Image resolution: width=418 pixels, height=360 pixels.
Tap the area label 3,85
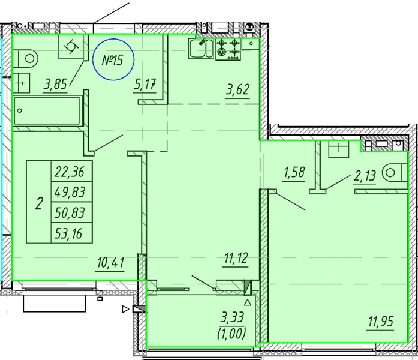click(55, 85)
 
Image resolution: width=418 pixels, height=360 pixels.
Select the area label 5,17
click(145, 85)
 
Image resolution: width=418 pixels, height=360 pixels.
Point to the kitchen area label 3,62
click(237, 89)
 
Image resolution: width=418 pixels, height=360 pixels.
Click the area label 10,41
click(110, 263)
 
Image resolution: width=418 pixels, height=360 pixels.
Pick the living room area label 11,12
click(236, 258)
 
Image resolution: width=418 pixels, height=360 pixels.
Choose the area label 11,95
click(381, 322)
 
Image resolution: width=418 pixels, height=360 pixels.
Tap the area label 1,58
click(294, 173)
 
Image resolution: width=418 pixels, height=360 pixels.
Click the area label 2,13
click(365, 176)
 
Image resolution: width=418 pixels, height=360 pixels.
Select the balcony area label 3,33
click(232, 317)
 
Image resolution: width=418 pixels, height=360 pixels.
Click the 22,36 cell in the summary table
click(72, 171)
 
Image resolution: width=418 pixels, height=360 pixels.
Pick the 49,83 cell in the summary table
click(72, 192)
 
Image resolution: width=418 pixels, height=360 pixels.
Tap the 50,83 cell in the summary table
click(72, 212)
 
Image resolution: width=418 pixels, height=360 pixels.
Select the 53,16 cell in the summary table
click(72, 233)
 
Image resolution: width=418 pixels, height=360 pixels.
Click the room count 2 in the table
click(39, 203)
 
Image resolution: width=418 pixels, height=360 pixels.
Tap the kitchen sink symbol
click(201, 48)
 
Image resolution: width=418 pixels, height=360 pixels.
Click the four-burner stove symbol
click(228, 50)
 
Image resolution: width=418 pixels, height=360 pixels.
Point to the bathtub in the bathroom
click(47, 110)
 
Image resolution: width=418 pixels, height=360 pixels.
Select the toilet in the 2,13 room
click(395, 173)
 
